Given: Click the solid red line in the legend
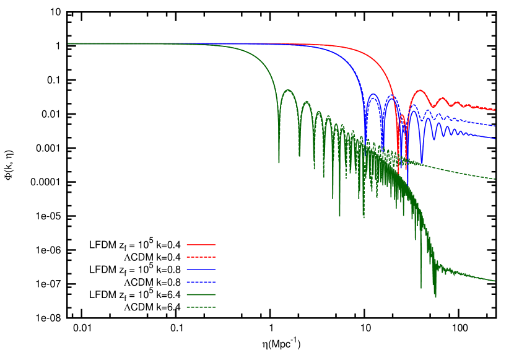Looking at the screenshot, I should [201, 244].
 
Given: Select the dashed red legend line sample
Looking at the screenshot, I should [201, 257].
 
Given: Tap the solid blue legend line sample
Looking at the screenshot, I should [201, 270].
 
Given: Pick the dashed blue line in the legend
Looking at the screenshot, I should [201, 282].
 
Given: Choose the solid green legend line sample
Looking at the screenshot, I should [201, 294].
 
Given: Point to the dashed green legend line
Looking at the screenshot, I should [201, 307].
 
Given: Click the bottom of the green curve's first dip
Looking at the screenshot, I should [279, 162].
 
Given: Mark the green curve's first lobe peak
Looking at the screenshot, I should [288, 90].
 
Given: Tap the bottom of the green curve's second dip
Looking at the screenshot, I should [300, 156].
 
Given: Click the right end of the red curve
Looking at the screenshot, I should [495, 110].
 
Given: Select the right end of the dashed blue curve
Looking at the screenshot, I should [495, 126].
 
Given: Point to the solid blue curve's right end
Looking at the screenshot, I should [495, 138].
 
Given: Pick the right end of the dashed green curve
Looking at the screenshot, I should [495, 179].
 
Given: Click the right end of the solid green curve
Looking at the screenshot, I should [495, 281].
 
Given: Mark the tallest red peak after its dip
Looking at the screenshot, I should [420, 90].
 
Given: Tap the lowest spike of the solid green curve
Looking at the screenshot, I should [435, 297].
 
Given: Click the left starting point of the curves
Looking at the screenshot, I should [68, 44].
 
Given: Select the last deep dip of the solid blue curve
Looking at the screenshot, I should [422, 164].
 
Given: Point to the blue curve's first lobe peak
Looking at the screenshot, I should [373, 94].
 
